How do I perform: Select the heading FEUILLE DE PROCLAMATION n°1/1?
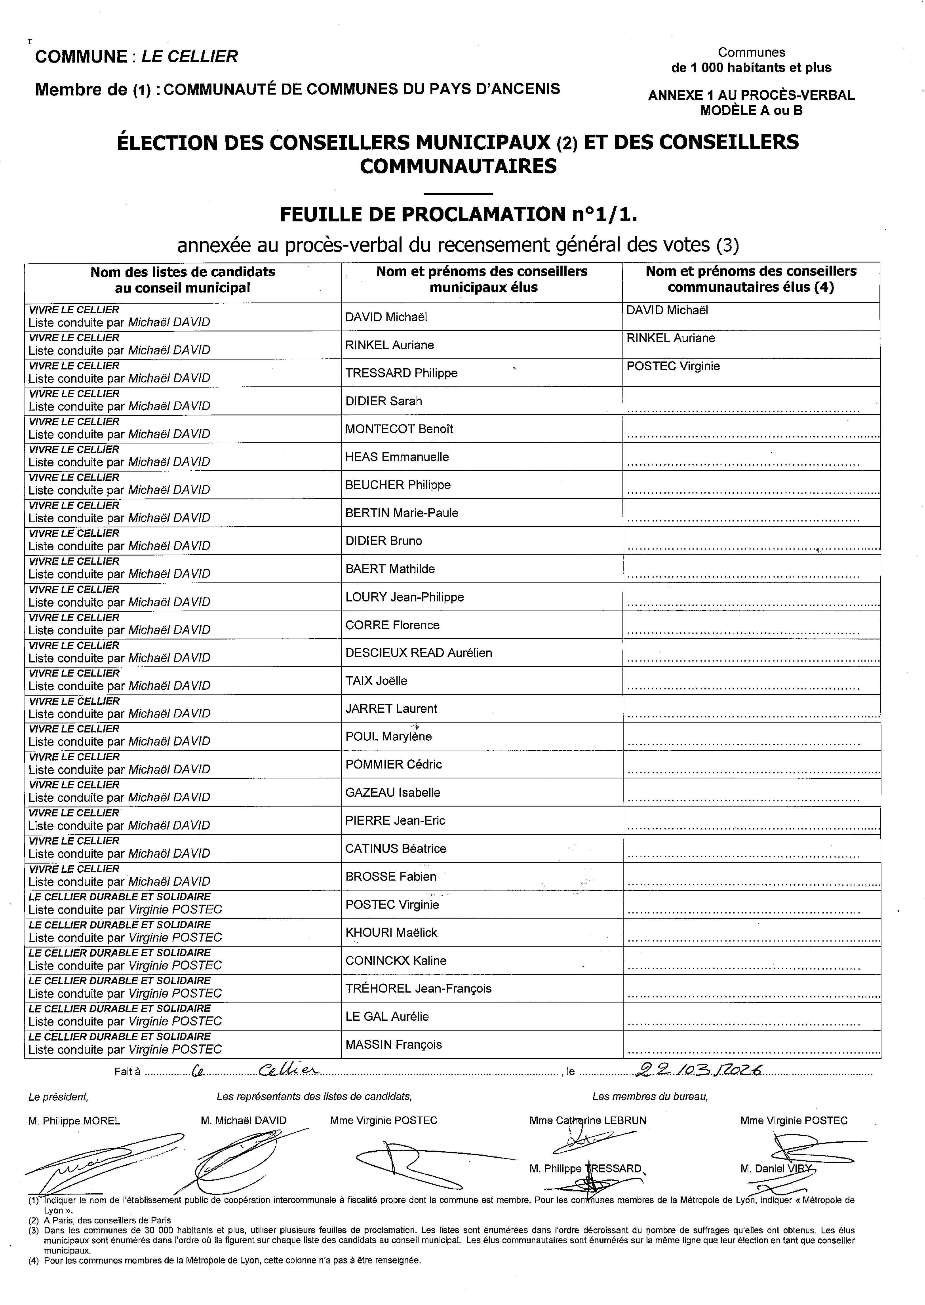pyautogui.click(x=458, y=215)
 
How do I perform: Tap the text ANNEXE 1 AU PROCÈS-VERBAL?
pyautogui.click(x=751, y=95)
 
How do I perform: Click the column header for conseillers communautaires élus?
pyautogui.click(x=751, y=280)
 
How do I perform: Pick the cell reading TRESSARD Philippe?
pyautogui.click(x=401, y=373)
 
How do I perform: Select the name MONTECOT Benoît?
pyautogui.click(x=399, y=429)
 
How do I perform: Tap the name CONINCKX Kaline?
pyautogui.click(x=395, y=961)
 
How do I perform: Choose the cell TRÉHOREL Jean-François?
pyautogui.click(x=418, y=989)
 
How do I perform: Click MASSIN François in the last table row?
pyautogui.click(x=393, y=1044)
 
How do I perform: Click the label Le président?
pyautogui.click(x=58, y=1097)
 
